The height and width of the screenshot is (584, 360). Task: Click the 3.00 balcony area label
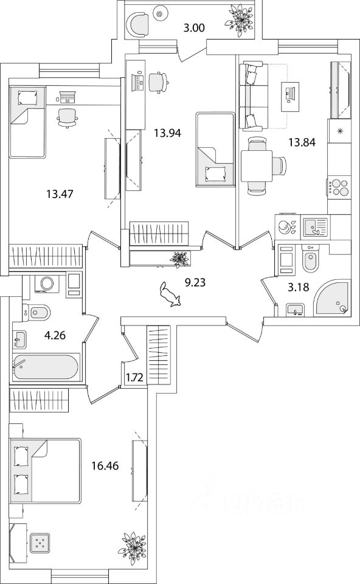tap(195, 27)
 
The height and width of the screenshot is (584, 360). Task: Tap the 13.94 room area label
tap(167, 133)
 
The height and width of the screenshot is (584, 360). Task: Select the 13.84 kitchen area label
tap(302, 142)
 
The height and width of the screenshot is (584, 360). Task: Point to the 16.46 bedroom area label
tap(105, 465)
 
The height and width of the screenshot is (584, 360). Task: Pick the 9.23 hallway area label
tap(195, 283)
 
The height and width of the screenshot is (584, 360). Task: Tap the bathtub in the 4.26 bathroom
tap(46, 367)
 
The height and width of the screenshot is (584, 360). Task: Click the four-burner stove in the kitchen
tap(339, 188)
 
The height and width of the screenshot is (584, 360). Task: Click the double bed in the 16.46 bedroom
tap(45, 470)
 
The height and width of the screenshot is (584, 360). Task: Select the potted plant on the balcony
tap(239, 19)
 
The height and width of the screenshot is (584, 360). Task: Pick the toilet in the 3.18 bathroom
tap(311, 259)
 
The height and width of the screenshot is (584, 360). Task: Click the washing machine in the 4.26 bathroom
tap(47, 283)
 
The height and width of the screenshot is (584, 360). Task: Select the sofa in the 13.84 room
tap(253, 97)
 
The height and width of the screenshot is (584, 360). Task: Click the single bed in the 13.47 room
tap(27, 122)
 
